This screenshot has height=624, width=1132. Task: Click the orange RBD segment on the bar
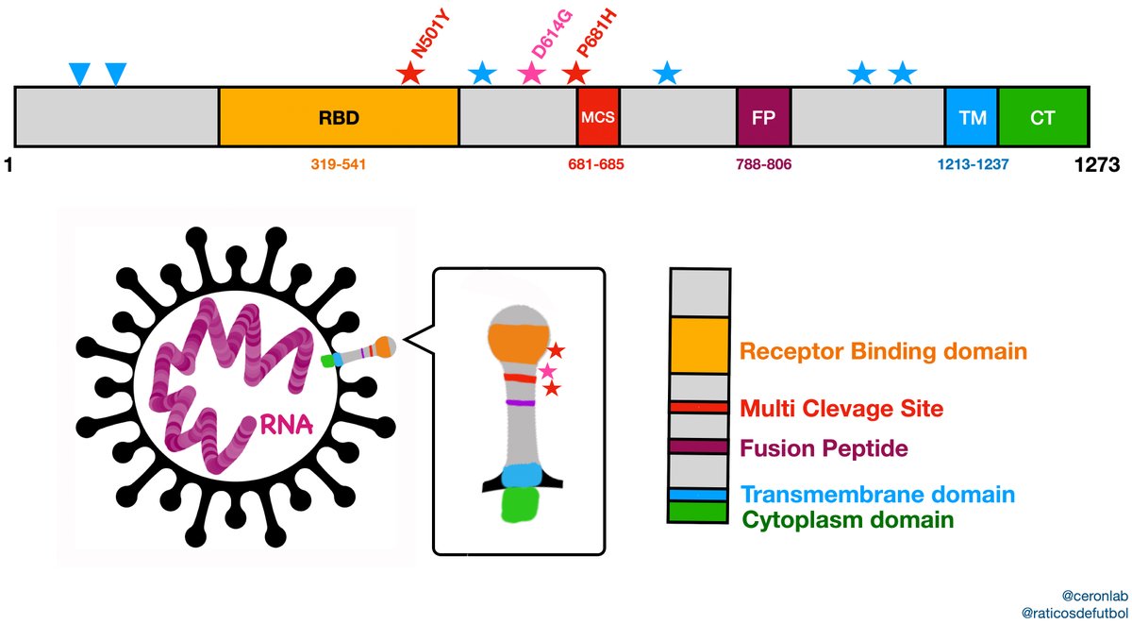coord(339,118)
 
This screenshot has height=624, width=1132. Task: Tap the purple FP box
coord(763,118)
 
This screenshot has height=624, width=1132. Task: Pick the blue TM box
coord(972,118)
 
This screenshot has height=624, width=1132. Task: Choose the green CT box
coord(1043,118)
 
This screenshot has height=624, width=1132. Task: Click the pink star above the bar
coord(532,74)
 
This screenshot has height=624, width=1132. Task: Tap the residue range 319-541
coord(339,163)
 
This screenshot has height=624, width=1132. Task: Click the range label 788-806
coord(763,163)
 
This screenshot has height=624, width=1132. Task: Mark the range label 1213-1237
coord(973,163)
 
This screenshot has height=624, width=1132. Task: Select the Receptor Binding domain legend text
coord(883,352)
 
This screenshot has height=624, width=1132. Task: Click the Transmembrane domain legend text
coord(877,495)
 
